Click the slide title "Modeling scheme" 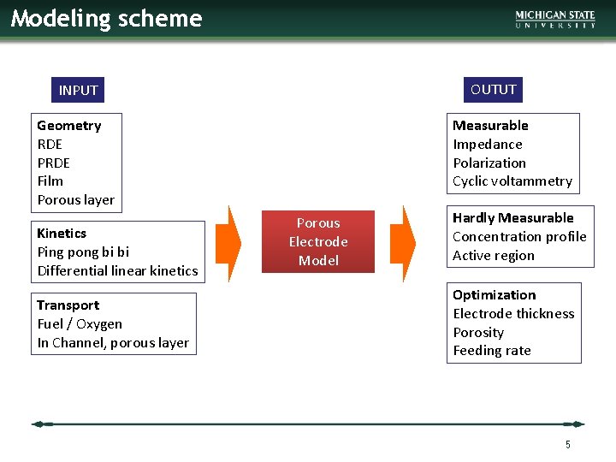coord(106,19)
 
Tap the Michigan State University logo coord(555,20)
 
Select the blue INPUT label coord(78,90)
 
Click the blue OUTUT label coord(494,89)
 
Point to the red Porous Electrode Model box coord(318,241)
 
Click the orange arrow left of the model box coord(228,243)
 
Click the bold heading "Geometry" coord(68,126)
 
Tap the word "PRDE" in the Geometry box coord(53,163)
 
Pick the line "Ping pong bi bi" coord(83,252)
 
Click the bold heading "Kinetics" coord(62,233)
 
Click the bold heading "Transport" coord(68,305)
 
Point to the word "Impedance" coord(487,144)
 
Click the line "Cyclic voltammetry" coord(512,181)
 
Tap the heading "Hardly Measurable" coord(512,218)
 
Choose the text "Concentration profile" coord(519,236)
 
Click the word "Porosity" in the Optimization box coord(478,332)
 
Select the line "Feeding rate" coord(491,350)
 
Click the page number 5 coord(567,444)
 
